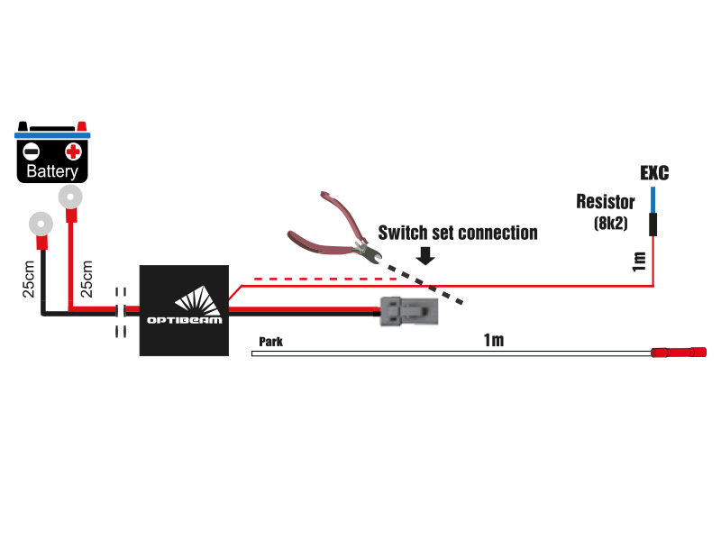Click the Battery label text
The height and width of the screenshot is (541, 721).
pyautogui.click(x=52, y=171)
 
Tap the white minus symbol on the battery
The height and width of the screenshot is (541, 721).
pyautogui.click(x=31, y=151)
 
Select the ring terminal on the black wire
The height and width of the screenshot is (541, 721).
pyautogui.click(x=41, y=222)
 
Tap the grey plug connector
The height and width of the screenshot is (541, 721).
pyautogui.click(x=408, y=312)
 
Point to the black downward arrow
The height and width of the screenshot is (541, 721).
pyautogui.click(x=425, y=256)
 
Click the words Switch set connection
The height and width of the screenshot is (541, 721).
pyautogui.click(x=457, y=233)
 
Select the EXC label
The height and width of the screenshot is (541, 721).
pyautogui.click(x=654, y=172)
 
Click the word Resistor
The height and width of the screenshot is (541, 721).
pyautogui.click(x=606, y=201)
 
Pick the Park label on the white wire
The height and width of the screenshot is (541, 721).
pyautogui.click(x=270, y=342)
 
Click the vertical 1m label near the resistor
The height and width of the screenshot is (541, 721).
pyautogui.click(x=639, y=261)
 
